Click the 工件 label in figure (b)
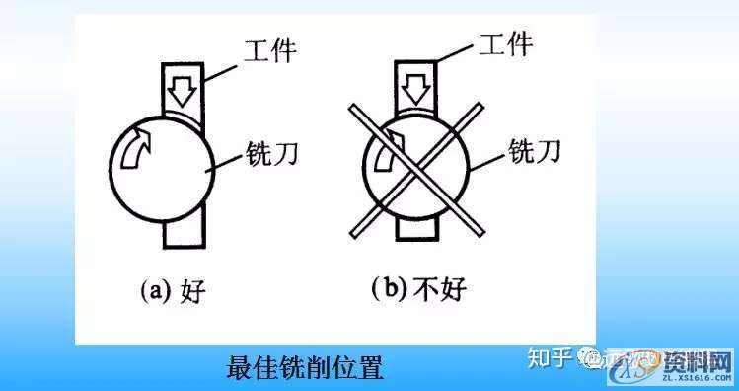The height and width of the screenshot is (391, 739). (505, 46)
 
